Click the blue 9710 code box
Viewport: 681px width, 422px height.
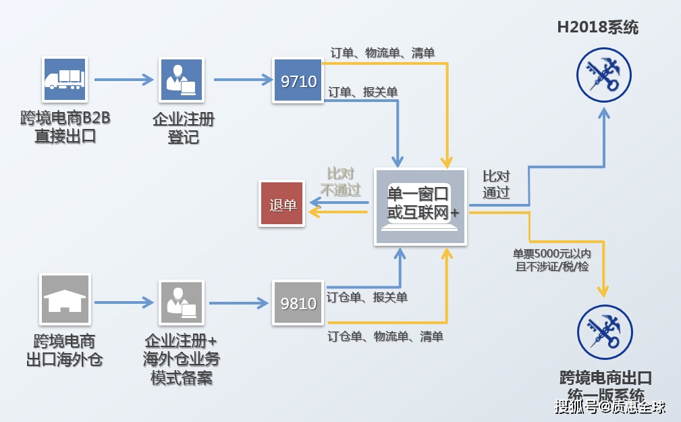[x=298, y=81]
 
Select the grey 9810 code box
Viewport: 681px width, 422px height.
[x=298, y=303]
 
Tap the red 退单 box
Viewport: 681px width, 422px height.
[x=283, y=204]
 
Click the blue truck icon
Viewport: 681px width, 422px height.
[x=65, y=79]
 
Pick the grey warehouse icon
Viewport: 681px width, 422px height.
[x=65, y=298]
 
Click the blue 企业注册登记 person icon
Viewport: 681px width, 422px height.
[x=182, y=80]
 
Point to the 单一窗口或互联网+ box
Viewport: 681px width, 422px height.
[x=420, y=205]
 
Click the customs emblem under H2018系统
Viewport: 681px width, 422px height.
[x=604, y=75]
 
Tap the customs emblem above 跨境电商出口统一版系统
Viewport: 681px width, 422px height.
[x=605, y=332]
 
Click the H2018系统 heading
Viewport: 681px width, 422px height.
[x=597, y=28]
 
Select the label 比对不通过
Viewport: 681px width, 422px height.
[x=340, y=182]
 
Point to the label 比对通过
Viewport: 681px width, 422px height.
[x=496, y=184]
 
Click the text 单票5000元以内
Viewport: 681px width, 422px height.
[x=552, y=254]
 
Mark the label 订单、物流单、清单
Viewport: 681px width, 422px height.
[x=382, y=53]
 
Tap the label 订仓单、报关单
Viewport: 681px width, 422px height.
[x=367, y=296]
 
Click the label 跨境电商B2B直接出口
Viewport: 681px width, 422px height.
[x=65, y=127]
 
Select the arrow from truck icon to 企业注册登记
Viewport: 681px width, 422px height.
[x=124, y=80]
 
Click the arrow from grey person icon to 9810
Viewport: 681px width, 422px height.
[x=236, y=302]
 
